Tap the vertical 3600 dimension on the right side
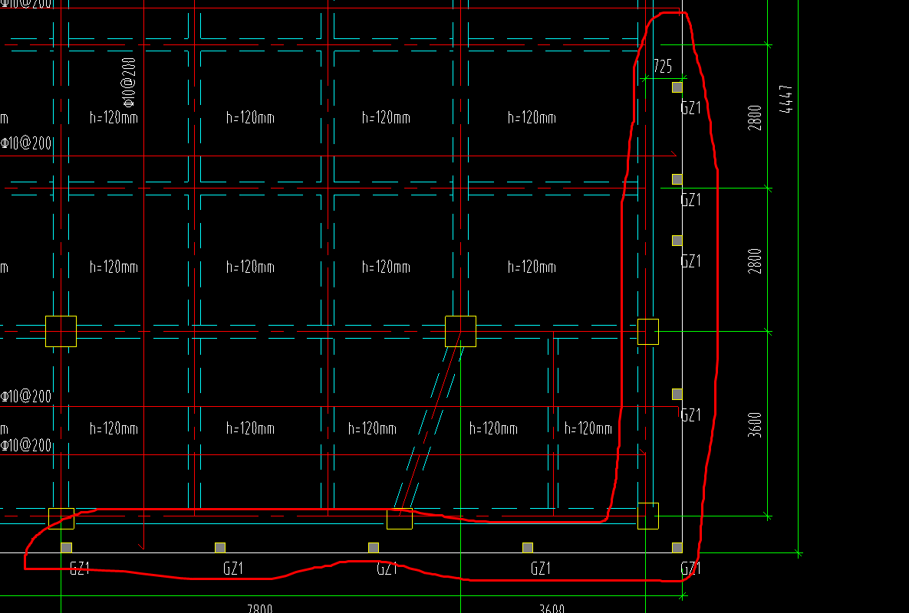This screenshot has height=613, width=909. (x=756, y=424)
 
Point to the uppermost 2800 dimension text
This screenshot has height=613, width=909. (x=756, y=118)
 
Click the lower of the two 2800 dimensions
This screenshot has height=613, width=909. (x=756, y=261)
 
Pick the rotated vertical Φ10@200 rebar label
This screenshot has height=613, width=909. (x=128, y=80)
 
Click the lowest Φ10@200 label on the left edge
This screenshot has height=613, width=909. (x=26, y=445)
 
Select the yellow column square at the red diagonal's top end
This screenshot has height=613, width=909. (x=460, y=331)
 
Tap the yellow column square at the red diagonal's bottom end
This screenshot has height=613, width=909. (x=399, y=519)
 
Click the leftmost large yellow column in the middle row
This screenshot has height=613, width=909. (x=61, y=331)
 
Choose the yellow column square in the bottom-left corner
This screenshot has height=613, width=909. (x=61, y=518)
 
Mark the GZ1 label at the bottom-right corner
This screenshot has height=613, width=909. (x=690, y=569)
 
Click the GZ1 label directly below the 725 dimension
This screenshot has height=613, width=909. (x=690, y=108)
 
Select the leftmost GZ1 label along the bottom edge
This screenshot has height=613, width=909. (x=80, y=569)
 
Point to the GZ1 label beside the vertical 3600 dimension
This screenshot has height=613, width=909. (x=690, y=415)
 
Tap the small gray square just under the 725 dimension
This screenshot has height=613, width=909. (x=677, y=87)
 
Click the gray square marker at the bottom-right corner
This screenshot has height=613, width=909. (x=677, y=547)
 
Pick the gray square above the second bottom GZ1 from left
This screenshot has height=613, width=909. (x=220, y=547)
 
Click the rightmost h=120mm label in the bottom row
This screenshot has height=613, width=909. (x=588, y=428)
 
